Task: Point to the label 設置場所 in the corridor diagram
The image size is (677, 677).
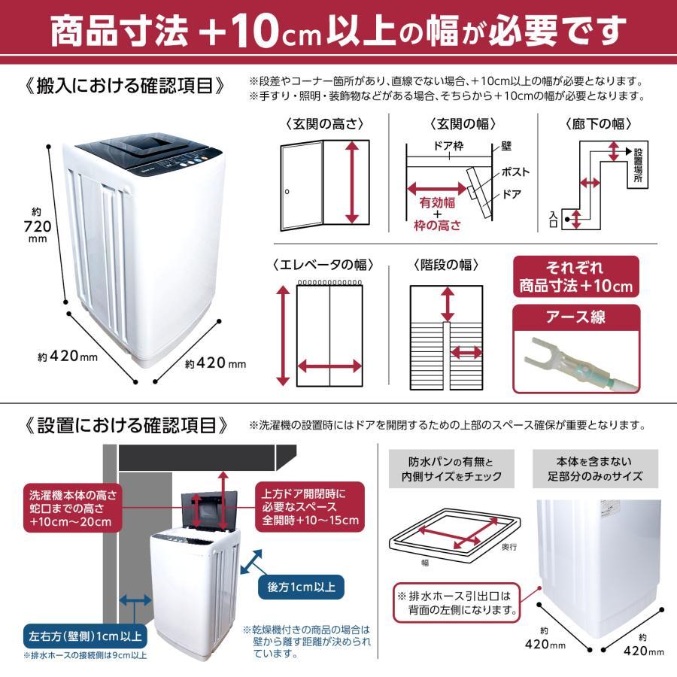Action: [x=639, y=166]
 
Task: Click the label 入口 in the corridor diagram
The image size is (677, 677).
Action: [x=554, y=218]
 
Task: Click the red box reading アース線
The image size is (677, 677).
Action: [x=577, y=317]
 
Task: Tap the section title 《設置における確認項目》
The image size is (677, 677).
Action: [x=124, y=426]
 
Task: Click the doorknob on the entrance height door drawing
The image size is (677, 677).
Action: [x=287, y=193]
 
